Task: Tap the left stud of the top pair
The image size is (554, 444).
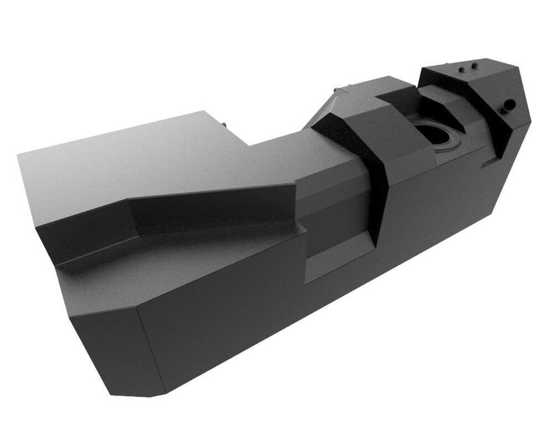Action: (462, 69)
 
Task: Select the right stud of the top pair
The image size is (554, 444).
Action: (474, 64)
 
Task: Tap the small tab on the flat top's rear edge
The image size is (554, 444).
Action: (224, 124)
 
